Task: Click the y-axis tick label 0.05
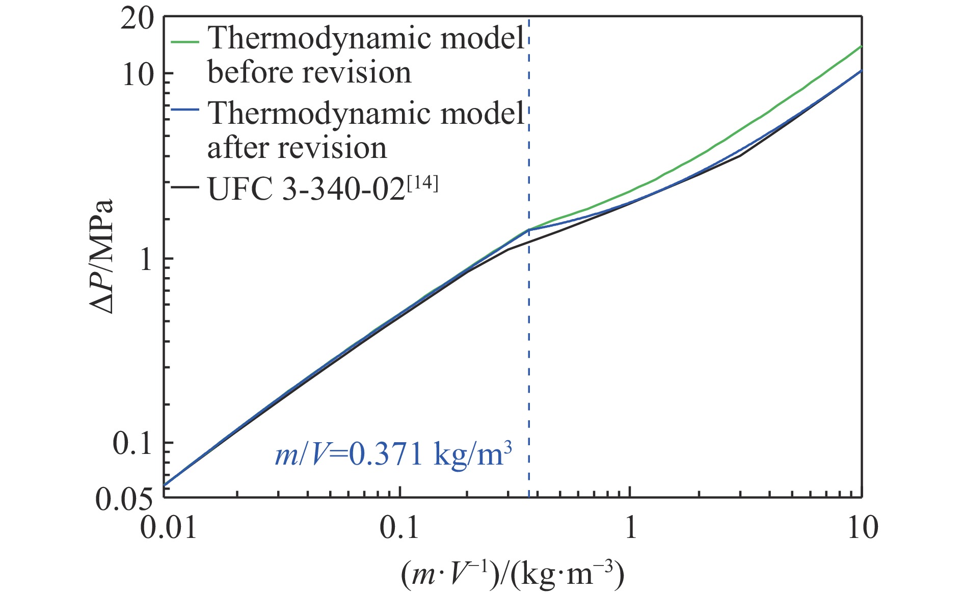(124, 499)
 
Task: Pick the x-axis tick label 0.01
(168, 527)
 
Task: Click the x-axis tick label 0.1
(399, 527)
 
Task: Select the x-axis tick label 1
(631, 527)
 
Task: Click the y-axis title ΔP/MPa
(102, 257)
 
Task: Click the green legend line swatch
(184, 41)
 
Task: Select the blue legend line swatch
(184, 111)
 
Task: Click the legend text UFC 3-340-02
(306, 190)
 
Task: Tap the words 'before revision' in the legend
(309, 73)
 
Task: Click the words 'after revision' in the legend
(297, 148)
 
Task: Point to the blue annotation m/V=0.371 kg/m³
(393, 453)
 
